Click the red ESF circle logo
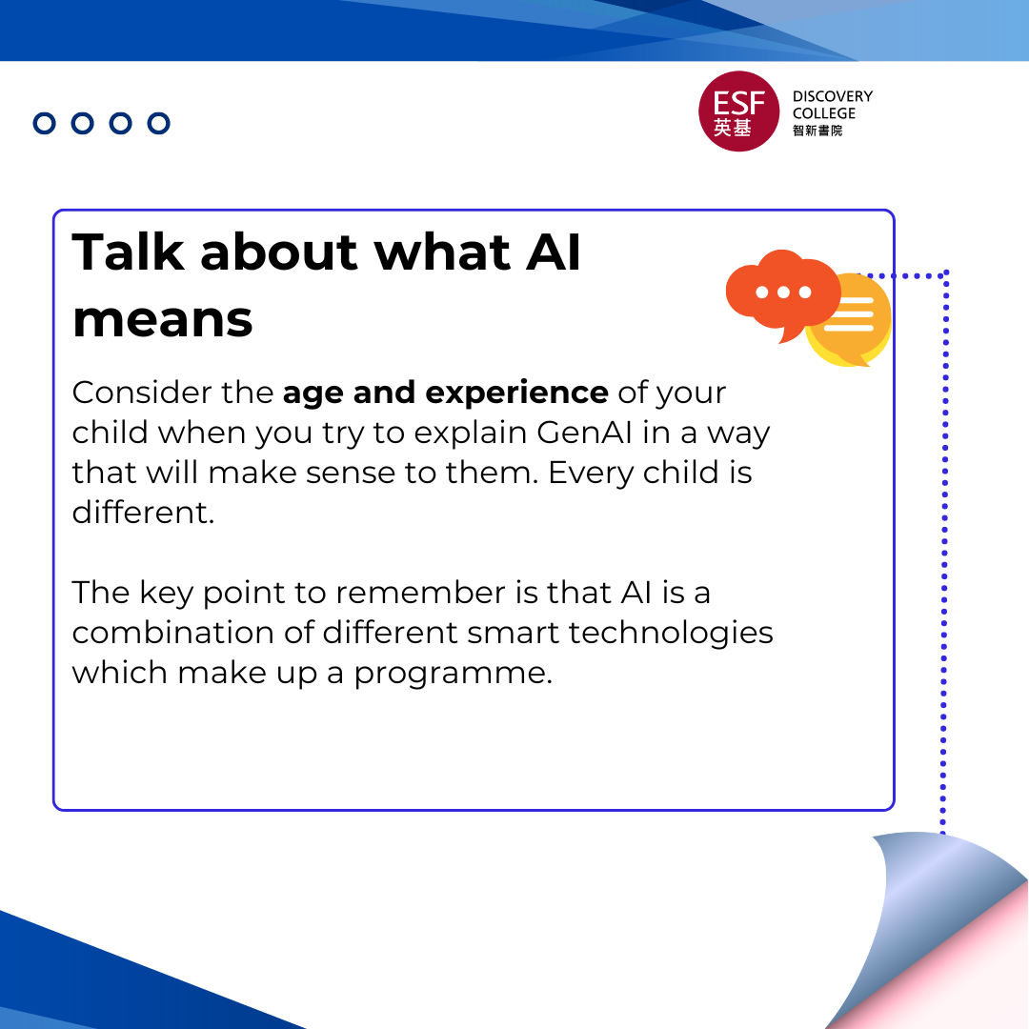pos(738,111)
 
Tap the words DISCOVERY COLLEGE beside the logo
pos(832,105)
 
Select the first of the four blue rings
pos(45,123)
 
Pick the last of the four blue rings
pos(159,123)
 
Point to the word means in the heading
pos(162,319)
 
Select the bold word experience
pos(516,393)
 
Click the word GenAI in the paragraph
pos(588,433)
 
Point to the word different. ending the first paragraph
pos(143,513)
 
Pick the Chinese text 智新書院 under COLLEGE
pos(817,131)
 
